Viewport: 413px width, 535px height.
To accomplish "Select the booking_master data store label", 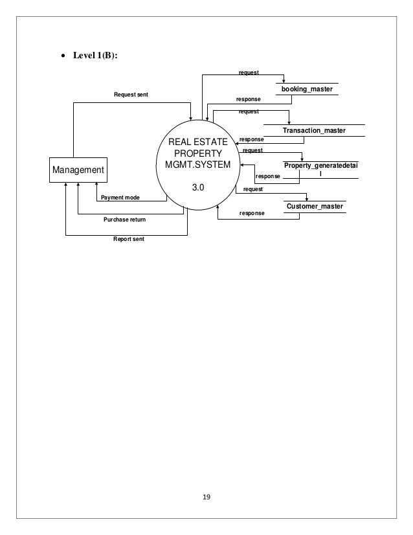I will coord(306,89).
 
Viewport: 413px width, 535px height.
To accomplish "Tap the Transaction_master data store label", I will coord(314,131).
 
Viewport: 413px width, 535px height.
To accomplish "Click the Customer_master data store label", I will coord(315,206).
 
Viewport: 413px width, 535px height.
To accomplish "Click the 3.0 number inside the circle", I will coord(197,187).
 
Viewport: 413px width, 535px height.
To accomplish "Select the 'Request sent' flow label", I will coord(131,95).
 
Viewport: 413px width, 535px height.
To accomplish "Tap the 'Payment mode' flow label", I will coord(120,198).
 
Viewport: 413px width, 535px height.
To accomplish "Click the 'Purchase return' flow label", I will coord(125,220).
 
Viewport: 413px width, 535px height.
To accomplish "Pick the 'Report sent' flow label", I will coord(129,239).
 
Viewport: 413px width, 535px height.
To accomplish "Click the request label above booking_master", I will coord(249,73).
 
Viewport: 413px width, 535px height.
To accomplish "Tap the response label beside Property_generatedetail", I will coord(268,176).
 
